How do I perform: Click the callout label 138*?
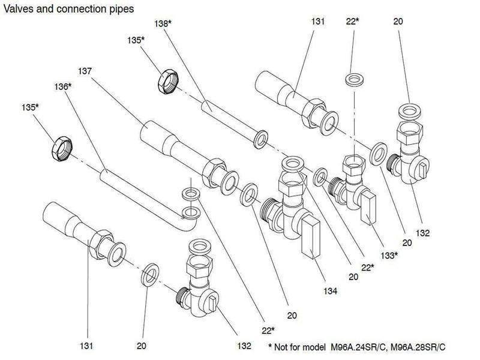pyautogui.click(x=163, y=23)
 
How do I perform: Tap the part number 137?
pyautogui.click(x=85, y=71)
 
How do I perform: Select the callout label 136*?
pyautogui.click(x=63, y=86)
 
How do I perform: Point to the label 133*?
pyautogui.click(x=389, y=255)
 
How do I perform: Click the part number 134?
pyautogui.click(x=331, y=291)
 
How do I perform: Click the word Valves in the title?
pyautogui.click(x=19, y=9)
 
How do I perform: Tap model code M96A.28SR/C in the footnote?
pyautogui.click(x=418, y=347)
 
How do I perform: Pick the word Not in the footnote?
pyautogui.click(x=281, y=347)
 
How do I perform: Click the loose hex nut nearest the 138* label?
pyautogui.click(x=168, y=82)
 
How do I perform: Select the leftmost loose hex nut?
pyautogui.click(x=62, y=149)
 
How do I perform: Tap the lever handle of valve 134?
pyautogui.click(x=311, y=236)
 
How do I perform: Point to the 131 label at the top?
pyautogui.click(x=318, y=22)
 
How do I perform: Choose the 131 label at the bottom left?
pyautogui.click(x=86, y=346)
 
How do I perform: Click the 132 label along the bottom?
pyautogui.click(x=244, y=346)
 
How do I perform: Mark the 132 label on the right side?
pyautogui.click(x=422, y=233)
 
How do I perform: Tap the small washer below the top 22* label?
pyautogui.click(x=355, y=80)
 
